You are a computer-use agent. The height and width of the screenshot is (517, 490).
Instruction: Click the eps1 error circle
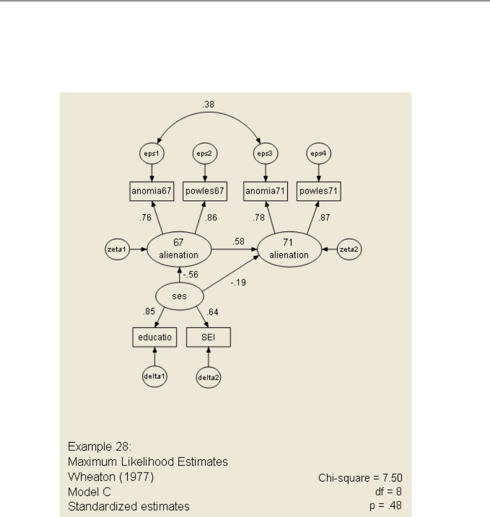pyautogui.click(x=152, y=153)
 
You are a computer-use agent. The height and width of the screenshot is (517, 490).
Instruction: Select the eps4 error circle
pyautogui.click(x=318, y=153)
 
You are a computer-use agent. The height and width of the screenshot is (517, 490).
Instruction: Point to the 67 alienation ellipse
pyautogui.click(x=179, y=249)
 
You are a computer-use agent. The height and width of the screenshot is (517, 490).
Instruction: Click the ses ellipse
pyautogui.click(x=179, y=296)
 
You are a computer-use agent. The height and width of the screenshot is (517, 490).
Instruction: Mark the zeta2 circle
pyautogui.click(x=350, y=249)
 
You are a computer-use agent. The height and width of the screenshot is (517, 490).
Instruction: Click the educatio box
pyautogui.click(x=154, y=338)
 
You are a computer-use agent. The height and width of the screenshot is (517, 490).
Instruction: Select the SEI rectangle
pyautogui.click(x=208, y=338)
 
